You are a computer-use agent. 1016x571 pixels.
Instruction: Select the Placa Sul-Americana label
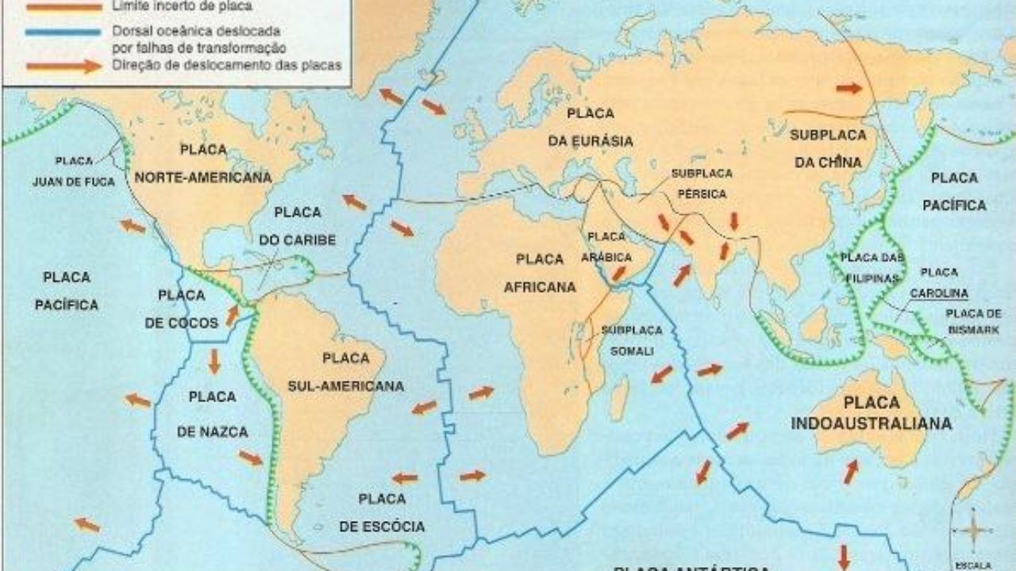345,372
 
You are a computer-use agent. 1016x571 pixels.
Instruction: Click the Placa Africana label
539,273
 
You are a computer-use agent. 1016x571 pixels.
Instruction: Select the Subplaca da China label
826,148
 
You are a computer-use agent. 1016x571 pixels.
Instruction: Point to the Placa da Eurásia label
601,127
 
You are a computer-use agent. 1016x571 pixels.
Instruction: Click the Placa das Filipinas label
872,268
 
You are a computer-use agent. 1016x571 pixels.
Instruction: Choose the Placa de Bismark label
972,320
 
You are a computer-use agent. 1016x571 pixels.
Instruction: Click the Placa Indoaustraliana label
871,412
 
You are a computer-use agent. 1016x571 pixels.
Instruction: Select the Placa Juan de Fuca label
74,171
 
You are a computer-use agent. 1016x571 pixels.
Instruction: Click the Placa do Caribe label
298,226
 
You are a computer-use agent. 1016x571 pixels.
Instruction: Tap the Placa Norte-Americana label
203,163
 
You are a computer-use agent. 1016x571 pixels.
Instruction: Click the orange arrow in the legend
63,67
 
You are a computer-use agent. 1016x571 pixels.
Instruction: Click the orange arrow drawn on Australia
851,471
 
